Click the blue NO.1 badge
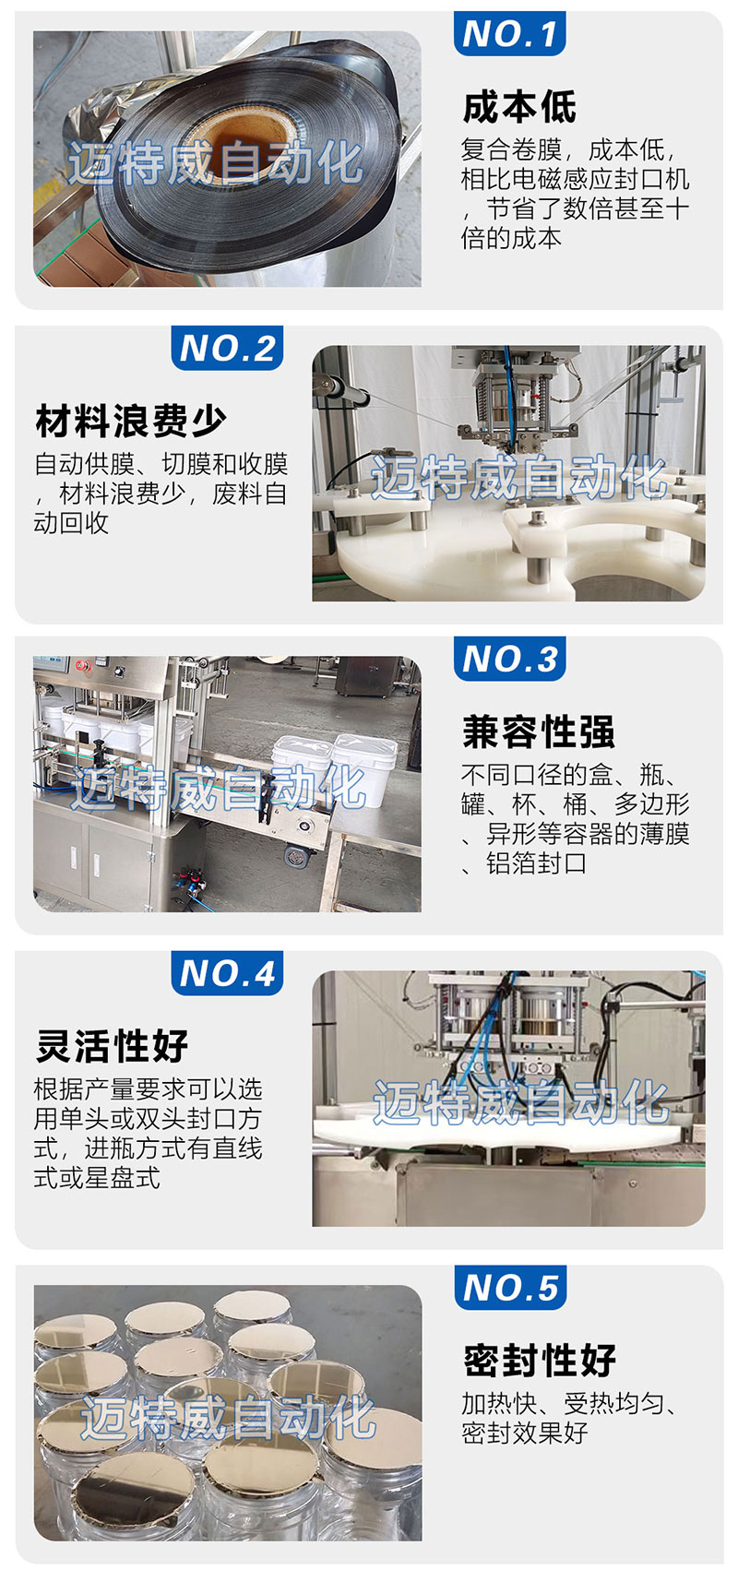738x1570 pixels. tap(509, 33)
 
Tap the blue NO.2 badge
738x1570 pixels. tap(227, 348)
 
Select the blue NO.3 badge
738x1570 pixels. tap(509, 659)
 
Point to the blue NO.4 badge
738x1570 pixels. tap(227, 973)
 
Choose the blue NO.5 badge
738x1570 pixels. tap(510, 1288)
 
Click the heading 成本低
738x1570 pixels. tap(519, 107)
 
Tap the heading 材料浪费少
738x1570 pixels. tap(131, 421)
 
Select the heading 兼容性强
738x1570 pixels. tap(538, 731)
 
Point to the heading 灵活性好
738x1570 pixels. tap(112, 1046)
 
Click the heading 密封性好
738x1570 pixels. tap(540, 1361)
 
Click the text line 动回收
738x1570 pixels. tap(71, 523)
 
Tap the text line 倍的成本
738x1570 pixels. tap(512, 239)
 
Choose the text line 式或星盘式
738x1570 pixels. tap(98, 1177)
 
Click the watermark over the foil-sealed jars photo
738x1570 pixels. tap(229, 1417)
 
